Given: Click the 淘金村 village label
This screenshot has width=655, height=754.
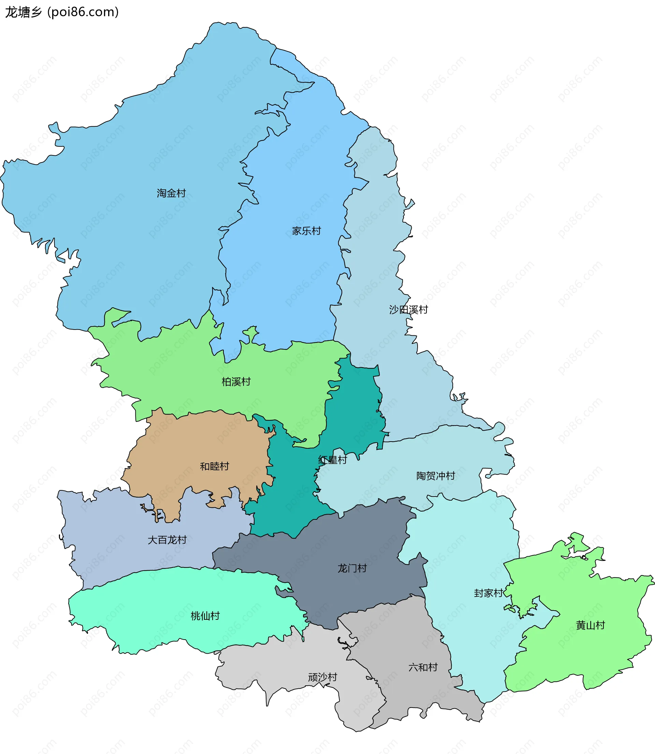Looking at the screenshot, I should (x=171, y=193).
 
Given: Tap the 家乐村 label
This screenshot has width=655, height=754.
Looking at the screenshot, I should (x=306, y=231).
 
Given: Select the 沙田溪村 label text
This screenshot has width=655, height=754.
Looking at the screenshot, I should (x=408, y=309).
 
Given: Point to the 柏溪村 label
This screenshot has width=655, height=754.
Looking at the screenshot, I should (x=236, y=381).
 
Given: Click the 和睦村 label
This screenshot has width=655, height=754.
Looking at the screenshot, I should (x=214, y=466).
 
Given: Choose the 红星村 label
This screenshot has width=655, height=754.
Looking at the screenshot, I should (x=332, y=460).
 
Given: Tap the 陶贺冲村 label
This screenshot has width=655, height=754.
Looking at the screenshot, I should (x=435, y=476).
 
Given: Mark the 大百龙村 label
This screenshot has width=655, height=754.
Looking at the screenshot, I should (x=167, y=540).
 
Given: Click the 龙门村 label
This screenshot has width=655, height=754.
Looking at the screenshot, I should (x=352, y=568).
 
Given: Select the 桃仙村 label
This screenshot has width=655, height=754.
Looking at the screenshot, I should (x=205, y=616).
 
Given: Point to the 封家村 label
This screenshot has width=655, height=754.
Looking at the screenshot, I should (x=488, y=593).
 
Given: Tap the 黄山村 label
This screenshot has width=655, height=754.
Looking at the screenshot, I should (x=590, y=625).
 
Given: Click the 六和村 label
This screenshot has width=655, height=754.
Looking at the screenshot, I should (x=423, y=667).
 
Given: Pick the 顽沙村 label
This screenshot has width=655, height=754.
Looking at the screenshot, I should (x=322, y=677).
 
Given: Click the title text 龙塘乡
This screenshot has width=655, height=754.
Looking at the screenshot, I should (x=24, y=12).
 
